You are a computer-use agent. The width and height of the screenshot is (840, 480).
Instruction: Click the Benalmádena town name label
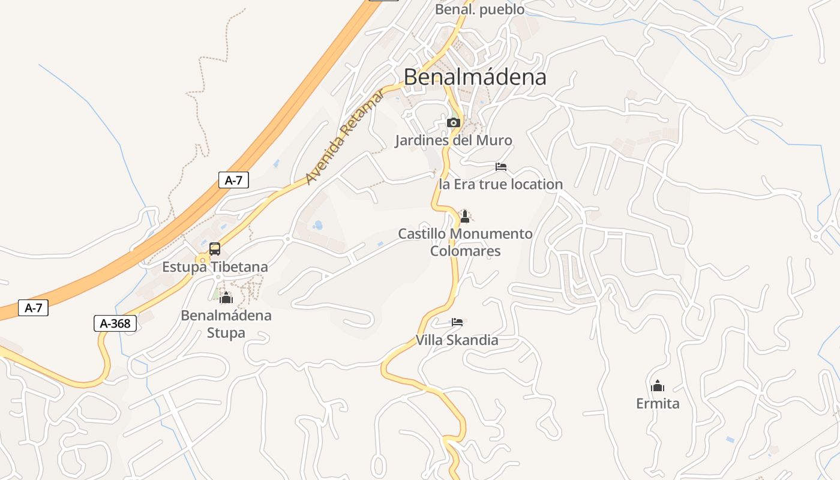point(475,77)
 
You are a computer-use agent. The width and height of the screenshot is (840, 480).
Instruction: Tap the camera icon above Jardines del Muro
point(453,123)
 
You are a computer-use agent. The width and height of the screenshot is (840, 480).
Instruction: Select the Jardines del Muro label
point(454,140)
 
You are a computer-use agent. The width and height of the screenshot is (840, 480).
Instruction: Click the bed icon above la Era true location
point(501,167)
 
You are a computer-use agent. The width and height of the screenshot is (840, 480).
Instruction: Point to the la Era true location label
point(501,184)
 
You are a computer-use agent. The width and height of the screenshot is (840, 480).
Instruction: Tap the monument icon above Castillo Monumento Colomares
point(464,216)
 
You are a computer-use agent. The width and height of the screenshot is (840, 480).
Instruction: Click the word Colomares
point(465,251)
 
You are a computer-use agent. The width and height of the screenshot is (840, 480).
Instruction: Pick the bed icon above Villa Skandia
point(457,322)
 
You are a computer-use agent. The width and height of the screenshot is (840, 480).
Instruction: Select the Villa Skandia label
point(457,340)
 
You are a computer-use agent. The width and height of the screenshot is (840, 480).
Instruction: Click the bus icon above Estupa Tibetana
point(215,249)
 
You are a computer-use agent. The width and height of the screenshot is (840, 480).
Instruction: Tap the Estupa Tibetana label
point(215,267)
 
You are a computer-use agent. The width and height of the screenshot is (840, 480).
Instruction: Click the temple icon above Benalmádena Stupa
point(226,298)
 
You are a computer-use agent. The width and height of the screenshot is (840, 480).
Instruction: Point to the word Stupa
point(226,332)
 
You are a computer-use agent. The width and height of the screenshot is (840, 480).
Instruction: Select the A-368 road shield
point(115,323)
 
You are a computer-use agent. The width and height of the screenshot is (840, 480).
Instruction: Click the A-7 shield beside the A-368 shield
point(33,308)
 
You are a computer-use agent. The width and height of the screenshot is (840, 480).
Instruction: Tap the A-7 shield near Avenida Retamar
point(233,179)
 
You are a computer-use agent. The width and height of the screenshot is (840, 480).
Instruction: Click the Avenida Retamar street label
point(344,136)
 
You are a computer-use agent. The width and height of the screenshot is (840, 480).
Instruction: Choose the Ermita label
point(658,403)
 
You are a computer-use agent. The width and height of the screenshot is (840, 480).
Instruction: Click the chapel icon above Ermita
point(658,385)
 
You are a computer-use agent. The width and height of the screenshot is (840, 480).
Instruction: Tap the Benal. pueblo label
point(479,10)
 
